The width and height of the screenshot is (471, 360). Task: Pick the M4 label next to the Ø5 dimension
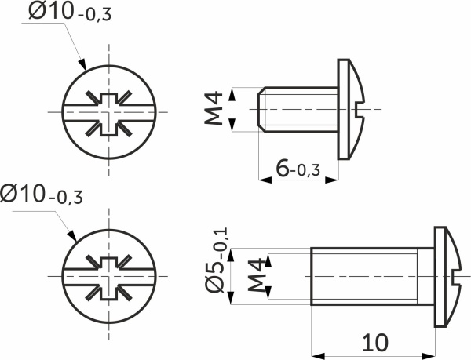(256, 277)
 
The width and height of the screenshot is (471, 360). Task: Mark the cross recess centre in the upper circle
(108, 113)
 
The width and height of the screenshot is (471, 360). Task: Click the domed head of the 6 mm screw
(349, 107)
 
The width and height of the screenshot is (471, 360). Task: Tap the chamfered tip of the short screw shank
(261, 108)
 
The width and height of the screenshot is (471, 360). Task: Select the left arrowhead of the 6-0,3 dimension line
(263, 180)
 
